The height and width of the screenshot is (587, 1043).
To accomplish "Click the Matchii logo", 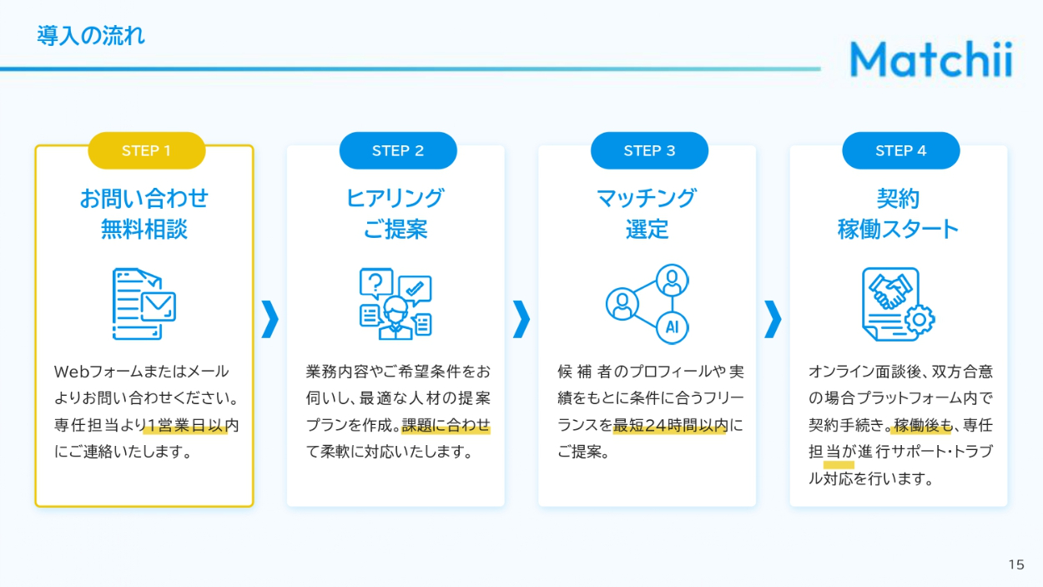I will click(x=930, y=59).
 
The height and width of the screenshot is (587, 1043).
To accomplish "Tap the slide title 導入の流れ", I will click(x=91, y=36).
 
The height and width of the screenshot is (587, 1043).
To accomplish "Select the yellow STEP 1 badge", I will click(x=146, y=151).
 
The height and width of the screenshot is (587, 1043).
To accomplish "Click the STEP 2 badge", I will click(x=398, y=151).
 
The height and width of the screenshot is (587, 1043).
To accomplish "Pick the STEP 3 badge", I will click(x=649, y=151).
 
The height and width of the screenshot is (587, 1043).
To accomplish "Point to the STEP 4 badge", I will click(x=900, y=151).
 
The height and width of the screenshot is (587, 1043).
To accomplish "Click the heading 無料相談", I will click(x=144, y=229).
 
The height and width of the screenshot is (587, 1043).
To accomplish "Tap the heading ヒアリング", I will click(x=395, y=199).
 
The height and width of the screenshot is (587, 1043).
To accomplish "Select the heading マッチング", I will click(x=647, y=199).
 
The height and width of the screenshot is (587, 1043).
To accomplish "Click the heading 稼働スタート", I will click(x=899, y=229).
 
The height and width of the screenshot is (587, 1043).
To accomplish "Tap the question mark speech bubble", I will click(x=376, y=282).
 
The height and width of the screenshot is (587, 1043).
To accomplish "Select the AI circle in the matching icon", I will click(x=673, y=327).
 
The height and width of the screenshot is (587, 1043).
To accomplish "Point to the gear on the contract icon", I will click(x=920, y=319).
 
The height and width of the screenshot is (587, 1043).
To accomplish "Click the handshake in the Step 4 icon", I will click(x=890, y=290).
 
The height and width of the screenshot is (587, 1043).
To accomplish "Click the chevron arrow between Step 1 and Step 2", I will click(x=270, y=318).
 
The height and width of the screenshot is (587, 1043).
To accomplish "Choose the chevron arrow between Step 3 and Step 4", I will click(x=773, y=318).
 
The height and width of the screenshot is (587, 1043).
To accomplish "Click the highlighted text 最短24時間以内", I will click(x=670, y=426).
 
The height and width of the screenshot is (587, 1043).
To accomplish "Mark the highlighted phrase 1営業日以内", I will click(x=184, y=426).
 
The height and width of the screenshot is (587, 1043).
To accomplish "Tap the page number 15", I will click(x=1015, y=564).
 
